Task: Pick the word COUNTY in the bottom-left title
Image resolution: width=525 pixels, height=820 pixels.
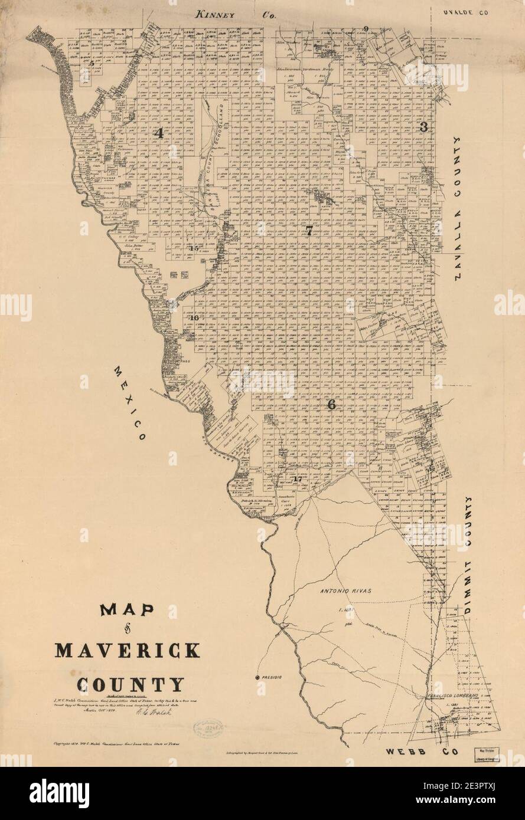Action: click(x=129, y=684)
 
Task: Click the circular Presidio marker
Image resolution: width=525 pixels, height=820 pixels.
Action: click(x=257, y=677)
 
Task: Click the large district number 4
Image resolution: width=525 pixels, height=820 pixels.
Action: click(x=158, y=133)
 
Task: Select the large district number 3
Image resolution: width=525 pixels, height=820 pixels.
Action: click(x=423, y=127)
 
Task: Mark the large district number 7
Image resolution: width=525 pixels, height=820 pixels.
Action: click(x=308, y=231)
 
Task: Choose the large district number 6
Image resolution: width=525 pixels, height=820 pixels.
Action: click(x=331, y=405)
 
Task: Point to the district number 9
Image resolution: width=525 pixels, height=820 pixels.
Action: click(x=366, y=29)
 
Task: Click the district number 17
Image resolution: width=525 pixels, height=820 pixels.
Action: click(x=298, y=479)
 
